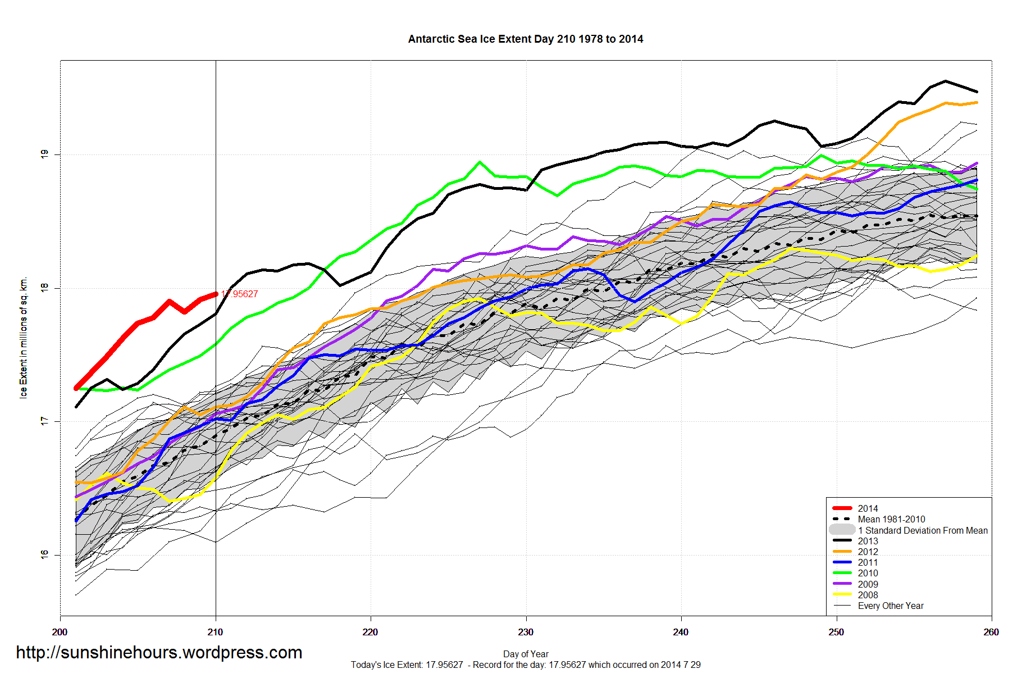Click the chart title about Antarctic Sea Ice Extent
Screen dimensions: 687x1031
[525, 39]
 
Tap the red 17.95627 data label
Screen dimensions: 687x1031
[240, 294]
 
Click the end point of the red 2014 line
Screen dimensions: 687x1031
[216, 294]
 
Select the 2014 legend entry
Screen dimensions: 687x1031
[867, 508]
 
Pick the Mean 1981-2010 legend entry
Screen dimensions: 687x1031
[891, 519]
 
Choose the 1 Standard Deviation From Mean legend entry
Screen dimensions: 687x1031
[922, 530]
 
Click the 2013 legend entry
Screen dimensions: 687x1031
[867, 541]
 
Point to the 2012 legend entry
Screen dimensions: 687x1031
[867, 552]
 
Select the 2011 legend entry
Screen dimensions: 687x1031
[867, 562]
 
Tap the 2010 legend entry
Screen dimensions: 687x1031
[867, 573]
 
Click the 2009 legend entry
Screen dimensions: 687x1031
[867, 584]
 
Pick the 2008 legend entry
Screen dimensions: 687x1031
[867, 595]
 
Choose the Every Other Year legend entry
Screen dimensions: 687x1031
[890, 606]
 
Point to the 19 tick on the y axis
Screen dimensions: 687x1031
[44, 154]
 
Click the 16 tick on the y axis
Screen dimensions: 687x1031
[44, 554]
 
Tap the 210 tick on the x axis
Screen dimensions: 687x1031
[215, 632]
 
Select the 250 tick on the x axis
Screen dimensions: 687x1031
[836, 632]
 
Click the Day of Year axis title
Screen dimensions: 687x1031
[526, 654]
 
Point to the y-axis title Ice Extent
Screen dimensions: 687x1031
[24, 337]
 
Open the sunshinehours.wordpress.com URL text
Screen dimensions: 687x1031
[159, 652]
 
